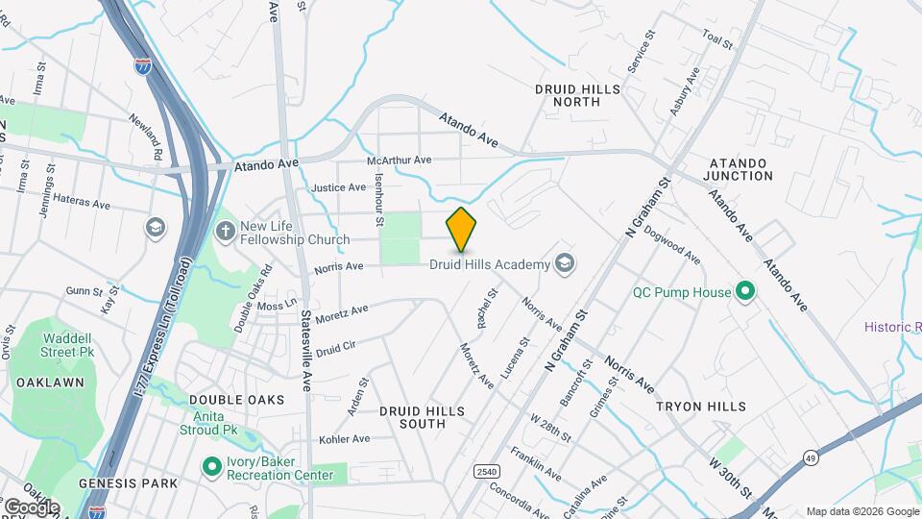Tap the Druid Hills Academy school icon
click(565, 263)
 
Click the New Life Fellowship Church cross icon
click(225, 231)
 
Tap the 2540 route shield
click(487, 471)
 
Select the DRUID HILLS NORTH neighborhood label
click(578, 95)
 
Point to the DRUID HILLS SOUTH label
click(422, 417)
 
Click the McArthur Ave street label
click(400, 161)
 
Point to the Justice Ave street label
click(339, 187)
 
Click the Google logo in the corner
click(31, 507)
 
